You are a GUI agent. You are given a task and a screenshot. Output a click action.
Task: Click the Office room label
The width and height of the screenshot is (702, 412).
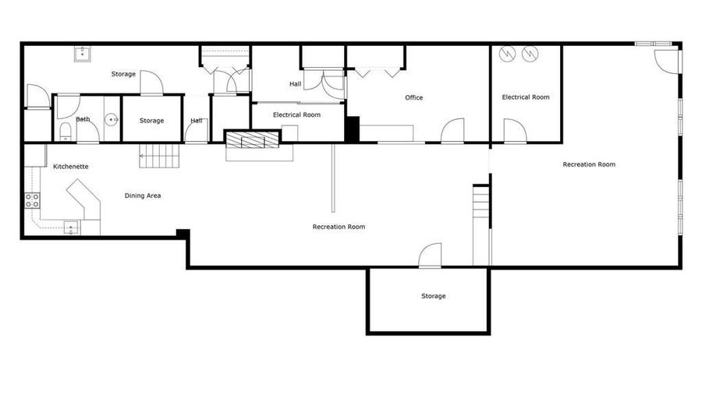coord(413,97)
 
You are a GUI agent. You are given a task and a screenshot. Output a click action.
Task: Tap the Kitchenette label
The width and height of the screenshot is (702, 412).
coord(71,166)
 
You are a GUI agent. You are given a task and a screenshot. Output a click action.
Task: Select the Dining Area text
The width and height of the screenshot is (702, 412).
coord(143,195)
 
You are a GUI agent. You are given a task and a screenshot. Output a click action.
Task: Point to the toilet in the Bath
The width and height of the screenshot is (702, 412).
coord(66,131)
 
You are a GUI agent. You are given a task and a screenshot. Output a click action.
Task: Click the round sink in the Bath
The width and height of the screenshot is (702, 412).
coord(111,120)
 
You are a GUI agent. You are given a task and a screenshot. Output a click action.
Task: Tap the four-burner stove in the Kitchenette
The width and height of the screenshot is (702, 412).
coord(32,200)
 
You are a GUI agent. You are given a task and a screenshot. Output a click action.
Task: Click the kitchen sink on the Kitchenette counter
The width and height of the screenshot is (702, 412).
coord(71,228)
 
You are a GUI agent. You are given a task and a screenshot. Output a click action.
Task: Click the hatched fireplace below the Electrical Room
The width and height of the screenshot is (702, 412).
coord(252,139)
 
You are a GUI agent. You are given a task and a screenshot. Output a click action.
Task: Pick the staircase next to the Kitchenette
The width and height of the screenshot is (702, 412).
coord(159,156)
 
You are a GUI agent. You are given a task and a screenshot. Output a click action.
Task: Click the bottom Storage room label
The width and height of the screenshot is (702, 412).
coord(434,296)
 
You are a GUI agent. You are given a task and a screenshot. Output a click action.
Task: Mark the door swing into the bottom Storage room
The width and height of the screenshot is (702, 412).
coord(431,255)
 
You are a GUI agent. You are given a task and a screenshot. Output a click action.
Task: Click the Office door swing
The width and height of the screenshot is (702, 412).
coord(452,130)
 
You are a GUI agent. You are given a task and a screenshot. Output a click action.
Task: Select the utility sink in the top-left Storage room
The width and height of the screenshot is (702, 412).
coord(83,54)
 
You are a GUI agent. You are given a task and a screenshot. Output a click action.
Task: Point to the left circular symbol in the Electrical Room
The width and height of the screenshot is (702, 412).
coord(507,54)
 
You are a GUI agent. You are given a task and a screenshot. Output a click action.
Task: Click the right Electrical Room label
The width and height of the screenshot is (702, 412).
coord(526,97)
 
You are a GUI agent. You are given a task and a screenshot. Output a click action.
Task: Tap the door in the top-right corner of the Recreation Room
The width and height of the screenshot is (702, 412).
coord(667,60)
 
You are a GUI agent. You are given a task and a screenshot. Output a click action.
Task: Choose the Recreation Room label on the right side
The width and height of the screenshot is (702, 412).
coord(589,164)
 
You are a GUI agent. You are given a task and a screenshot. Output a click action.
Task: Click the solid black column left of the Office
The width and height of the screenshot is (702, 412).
coord(353,129)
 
